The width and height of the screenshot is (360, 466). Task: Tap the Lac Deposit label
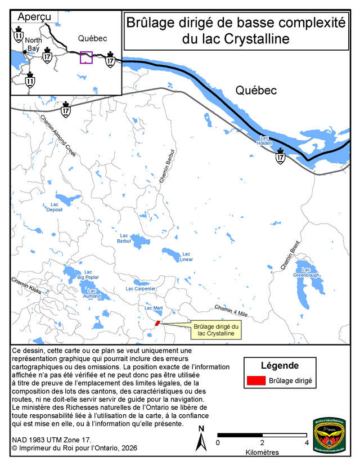[x=55, y=207]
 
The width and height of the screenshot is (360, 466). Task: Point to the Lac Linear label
[x=186, y=257]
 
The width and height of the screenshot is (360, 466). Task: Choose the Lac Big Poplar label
[x=88, y=275]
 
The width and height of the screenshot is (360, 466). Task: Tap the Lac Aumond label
[x=92, y=293]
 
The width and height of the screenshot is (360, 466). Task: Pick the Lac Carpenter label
[x=141, y=289]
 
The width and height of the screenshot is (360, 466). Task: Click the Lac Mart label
[x=154, y=308]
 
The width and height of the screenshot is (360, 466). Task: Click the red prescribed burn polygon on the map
[x=157, y=323]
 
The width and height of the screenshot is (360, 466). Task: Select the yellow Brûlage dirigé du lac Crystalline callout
[x=217, y=330]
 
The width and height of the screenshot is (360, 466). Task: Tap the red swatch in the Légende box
[x=255, y=381]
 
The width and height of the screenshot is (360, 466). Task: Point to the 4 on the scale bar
[x=307, y=442]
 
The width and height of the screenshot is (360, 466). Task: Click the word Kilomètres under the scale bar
[x=262, y=452]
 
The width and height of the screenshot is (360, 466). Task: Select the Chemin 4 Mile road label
[x=231, y=309]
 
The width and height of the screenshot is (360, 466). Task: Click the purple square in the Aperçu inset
[x=86, y=57]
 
